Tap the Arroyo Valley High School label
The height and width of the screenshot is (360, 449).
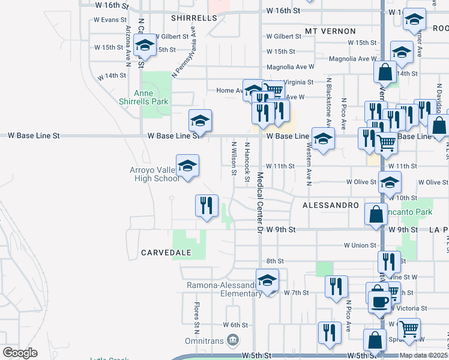coord(154,174)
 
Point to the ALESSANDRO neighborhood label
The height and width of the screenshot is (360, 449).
coord(330,205)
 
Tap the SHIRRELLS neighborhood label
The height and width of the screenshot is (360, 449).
coord(193,19)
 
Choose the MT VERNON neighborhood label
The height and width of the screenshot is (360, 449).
coord(330,31)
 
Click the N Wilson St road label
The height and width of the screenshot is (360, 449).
coord(234,159)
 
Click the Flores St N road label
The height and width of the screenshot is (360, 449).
coord(196,318)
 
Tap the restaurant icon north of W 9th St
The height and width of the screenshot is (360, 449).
coord(206,205)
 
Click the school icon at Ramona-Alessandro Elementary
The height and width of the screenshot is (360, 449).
coord(267,280)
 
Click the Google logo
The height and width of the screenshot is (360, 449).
coord(20,353)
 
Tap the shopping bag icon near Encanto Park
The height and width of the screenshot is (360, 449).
coord(376,214)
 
